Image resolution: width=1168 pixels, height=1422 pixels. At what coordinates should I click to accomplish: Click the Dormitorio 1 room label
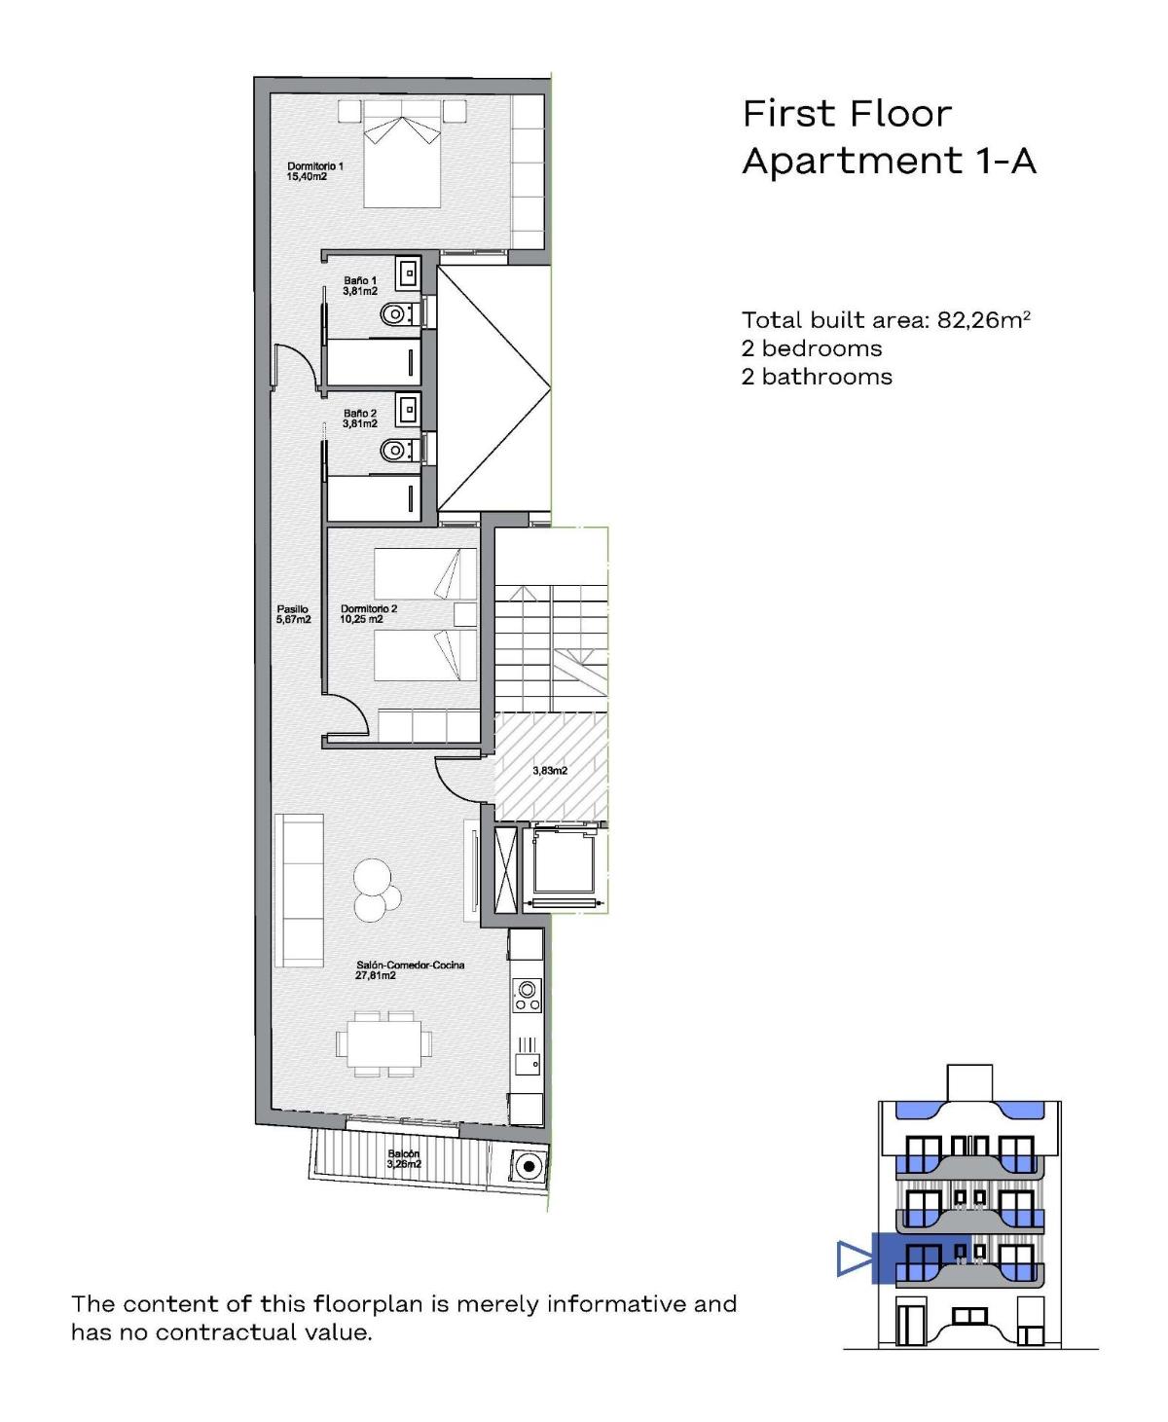314,171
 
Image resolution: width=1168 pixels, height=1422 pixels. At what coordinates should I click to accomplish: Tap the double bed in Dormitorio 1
402,156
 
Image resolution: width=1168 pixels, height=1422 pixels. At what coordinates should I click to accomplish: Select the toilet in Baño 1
395,313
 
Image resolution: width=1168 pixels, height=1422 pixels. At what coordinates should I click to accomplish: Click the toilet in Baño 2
395,450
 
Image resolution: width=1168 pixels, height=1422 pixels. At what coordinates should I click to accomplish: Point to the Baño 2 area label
359,419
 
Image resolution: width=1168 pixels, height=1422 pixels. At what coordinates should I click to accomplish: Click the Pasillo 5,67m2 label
293,614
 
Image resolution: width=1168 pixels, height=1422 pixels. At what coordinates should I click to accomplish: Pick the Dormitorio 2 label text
368,614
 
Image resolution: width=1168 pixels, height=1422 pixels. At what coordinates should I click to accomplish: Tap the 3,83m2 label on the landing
550,770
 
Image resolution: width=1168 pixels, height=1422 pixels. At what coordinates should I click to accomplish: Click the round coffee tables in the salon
376,889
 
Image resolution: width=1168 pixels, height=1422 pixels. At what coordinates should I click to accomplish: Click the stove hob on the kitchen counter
527,995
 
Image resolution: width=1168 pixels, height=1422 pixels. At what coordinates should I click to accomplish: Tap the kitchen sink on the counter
528,1063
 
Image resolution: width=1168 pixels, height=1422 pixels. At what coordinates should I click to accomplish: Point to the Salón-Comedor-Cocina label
410,969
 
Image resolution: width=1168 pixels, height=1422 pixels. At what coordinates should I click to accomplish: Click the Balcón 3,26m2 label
403,1158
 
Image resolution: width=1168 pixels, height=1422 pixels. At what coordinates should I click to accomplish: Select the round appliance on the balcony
529,1165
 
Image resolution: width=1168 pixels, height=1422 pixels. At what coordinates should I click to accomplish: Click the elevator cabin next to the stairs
564,866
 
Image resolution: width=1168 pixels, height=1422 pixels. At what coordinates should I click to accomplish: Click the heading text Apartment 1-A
889,161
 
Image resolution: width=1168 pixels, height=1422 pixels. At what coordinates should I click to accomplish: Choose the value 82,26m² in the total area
983,320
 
